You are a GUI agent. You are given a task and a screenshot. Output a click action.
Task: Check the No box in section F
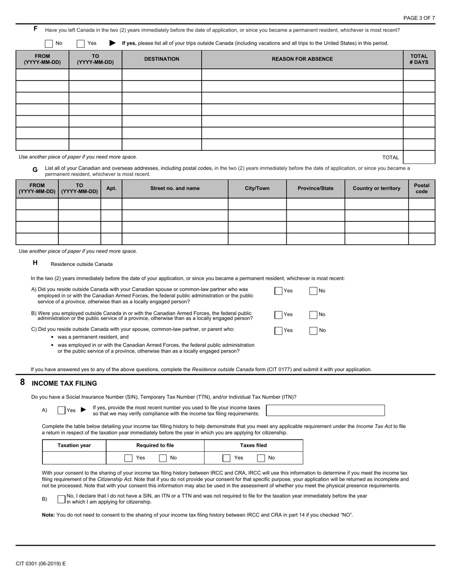pos(49,43)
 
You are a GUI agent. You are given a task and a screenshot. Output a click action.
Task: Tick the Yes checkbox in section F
pos(81,43)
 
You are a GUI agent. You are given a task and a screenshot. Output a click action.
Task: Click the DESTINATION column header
pos(162,59)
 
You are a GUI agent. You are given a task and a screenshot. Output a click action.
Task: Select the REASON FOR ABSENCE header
pos(302,59)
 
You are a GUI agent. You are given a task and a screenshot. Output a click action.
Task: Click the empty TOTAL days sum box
pos(419,157)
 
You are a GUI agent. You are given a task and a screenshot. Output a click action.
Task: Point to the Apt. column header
pos(111,188)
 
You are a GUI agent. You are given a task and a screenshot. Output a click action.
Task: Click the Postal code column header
pos(422,188)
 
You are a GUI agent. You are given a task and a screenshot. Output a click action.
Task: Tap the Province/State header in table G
pos(315,188)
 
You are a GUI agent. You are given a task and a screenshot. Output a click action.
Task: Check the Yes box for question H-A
pos(278,291)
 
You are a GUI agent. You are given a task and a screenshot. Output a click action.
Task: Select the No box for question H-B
pos(313,314)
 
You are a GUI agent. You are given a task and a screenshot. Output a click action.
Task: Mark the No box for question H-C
pos(313,330)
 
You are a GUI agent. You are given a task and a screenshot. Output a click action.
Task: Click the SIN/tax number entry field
pos(325,410)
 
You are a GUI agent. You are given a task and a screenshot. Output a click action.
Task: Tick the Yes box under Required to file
pos(128,458)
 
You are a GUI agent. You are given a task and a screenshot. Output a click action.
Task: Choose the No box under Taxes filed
pos(261,458)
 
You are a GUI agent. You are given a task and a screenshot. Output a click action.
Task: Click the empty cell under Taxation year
pos(74,458)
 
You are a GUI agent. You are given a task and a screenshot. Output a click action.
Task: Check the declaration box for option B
pos(61,499)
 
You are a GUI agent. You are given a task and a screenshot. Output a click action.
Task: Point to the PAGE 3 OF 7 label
pos(419,18)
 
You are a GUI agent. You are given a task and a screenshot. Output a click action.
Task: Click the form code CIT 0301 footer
pos(41,564)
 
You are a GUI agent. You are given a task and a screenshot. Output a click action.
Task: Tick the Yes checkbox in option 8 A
pos(61,410)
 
